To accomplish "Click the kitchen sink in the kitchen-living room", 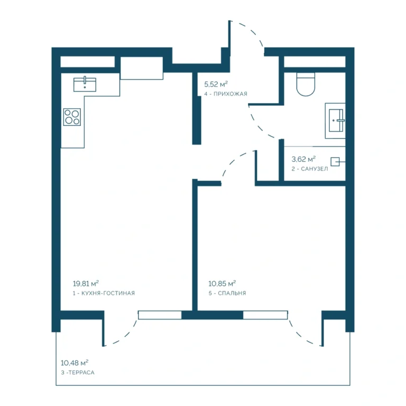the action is [x=85, y=84].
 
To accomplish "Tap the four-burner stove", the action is [x=72, y=117].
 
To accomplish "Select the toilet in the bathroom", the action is [x=306, y=85].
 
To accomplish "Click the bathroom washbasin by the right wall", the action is [x=336, y=121].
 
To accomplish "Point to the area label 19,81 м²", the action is [x=86, y=283].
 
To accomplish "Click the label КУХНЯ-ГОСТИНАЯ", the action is [x=108, y=293].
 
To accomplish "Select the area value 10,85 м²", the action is [x=222, y=283].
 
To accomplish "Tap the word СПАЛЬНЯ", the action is [x=232, y=293].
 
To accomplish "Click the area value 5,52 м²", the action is [x=216, y=84].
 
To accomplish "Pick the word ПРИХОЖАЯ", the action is [x=230, y=94].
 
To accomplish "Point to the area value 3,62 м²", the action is [x=303, y=159].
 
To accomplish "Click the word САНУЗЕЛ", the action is [x=315, y=169].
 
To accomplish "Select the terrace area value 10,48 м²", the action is [x=75, y=363].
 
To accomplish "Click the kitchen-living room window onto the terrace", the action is [x=160, y=315].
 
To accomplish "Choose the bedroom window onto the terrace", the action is [x=265, y=315].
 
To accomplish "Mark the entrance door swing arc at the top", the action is [x=252, y=30].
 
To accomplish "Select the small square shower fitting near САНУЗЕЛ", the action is [x=335, y=162].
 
